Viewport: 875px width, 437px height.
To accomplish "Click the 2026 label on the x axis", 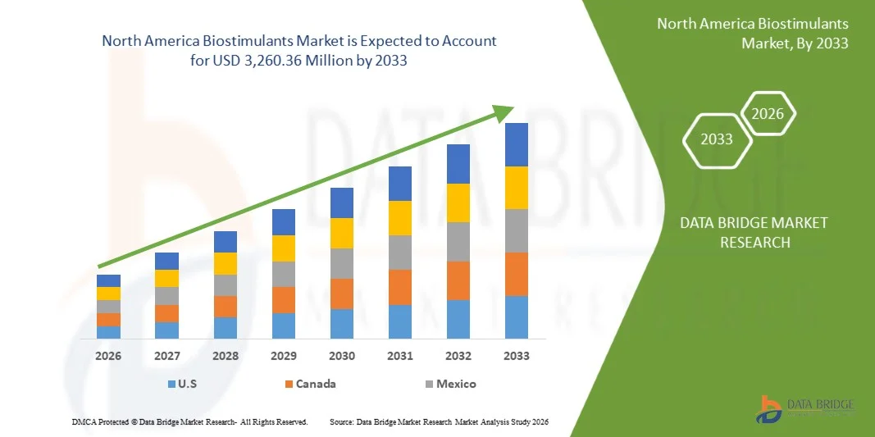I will (x=108, y=356).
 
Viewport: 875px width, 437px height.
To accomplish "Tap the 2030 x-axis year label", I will (x=342, y=356).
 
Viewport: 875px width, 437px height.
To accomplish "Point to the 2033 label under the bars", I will (x=517, y=356).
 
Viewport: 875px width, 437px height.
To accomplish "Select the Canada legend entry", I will (x=309, y=384).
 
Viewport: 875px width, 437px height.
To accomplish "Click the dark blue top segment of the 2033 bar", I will (x=517, y=144).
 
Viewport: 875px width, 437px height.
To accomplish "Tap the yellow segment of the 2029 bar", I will (x=284, y=248).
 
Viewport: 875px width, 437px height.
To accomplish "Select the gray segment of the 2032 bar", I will (x=458, y=241).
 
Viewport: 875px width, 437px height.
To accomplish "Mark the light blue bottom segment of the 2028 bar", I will (x=226, y=327).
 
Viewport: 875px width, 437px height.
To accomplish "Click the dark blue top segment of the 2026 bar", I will (x=108, y=280).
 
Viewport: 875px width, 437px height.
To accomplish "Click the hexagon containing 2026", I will (x=768, y=114).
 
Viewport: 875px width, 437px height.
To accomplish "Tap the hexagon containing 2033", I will (x=717, y=139).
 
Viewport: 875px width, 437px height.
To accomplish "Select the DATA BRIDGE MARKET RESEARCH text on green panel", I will (x=754, y=232).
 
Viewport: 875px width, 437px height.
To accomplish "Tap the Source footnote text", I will (x=439, y=421).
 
